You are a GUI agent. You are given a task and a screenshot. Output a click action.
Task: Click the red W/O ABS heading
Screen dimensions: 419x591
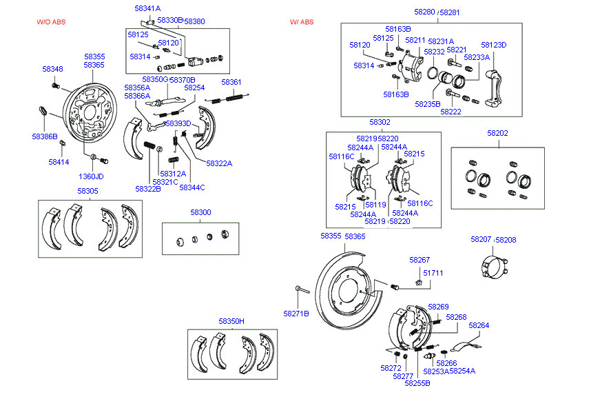point(50,22)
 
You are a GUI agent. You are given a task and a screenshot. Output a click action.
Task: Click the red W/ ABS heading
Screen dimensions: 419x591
point(302,22)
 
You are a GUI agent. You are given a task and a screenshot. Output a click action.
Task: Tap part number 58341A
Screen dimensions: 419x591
point(147,8)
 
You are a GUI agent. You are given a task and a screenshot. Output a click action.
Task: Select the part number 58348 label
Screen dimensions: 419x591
point(52,69)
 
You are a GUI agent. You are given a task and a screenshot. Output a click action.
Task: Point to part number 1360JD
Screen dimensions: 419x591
point(90,176)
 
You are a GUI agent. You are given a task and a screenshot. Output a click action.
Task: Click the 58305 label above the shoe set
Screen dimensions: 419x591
point(87,191)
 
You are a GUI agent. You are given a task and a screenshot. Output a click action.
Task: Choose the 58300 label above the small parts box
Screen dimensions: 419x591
point(200,212)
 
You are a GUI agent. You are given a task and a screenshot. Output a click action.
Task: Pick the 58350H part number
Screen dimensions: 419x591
point(231,321)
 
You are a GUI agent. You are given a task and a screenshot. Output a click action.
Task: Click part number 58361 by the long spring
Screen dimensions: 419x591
point(231,83)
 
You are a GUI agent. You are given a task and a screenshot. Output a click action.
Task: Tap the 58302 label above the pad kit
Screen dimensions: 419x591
point(380,122)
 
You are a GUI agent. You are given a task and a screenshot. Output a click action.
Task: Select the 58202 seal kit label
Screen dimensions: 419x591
point(497,132)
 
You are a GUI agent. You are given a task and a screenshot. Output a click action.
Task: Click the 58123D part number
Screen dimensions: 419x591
point(493,45)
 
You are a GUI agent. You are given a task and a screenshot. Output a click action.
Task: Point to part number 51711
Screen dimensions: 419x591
point(433,273)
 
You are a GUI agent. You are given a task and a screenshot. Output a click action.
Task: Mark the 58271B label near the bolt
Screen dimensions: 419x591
point(296,314)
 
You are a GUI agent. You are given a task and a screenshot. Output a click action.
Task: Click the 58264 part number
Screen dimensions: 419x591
point(479,325)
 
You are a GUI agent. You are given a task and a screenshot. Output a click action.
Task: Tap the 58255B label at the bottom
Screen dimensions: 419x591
point(417,382)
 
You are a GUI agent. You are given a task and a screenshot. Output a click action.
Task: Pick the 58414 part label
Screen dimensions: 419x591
point(59,162)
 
